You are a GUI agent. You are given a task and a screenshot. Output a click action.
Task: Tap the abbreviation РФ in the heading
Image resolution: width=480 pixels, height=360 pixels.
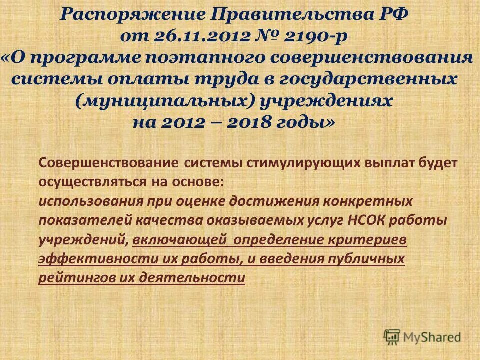[394, 15]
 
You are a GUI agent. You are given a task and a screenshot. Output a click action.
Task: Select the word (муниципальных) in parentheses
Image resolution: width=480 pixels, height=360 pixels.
[166, 101]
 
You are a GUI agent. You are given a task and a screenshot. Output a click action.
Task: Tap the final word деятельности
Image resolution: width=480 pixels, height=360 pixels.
[192, 278]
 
